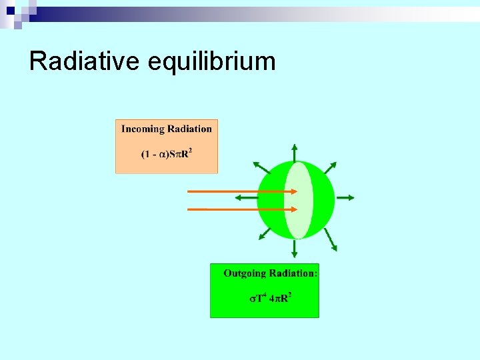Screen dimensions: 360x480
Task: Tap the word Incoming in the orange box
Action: (x=143, y=129)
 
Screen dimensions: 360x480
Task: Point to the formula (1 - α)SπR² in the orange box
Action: (x=167, y=154)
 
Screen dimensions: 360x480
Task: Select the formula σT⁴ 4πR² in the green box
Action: (x=271, y=298)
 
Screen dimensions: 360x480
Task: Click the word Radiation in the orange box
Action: (x=189, y=129)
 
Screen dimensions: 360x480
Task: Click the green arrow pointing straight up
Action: (x=294, y=153)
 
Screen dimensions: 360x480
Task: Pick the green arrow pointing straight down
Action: (x=294, y=248)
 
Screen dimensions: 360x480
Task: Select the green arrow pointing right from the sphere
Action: (x=345, y=198)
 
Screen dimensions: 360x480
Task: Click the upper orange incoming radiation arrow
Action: (x=240, y=192)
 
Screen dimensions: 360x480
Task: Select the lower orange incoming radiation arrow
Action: (x=240, y=209)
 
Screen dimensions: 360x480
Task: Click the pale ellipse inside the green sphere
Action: (x=298, y=200)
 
